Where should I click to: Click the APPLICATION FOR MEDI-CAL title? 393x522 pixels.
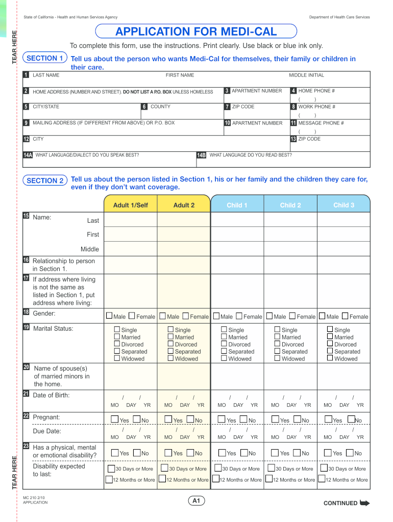pyautogui.click(x=196, y=32)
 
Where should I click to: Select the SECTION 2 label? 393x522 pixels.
pyautogui.click(x=45, y=180)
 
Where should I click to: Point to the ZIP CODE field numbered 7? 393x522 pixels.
pyautogui.click(x=255, y=113)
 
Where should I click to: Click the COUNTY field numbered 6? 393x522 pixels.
pyautogui.click(x=181, y=113)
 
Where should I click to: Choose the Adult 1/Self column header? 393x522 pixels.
pyautogui.click(x=131, y=205)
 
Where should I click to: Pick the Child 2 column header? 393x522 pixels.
pyautogui.click(x=290, y=205)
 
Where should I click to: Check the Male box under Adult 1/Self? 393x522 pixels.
pyautogui.click(x=109, y=316)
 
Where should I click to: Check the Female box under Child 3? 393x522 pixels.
pyautogui.click(x=345, y=316)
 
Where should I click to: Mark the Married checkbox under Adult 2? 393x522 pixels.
pyautogui.click(x=171, y=337)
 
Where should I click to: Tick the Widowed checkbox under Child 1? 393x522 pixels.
pyautogui.click(x=224, y=358)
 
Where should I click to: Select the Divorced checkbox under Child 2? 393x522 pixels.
pyautogui.click(x=278, y=344)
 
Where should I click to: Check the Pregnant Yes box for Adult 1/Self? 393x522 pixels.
pyautogui.click(x=115, y=420)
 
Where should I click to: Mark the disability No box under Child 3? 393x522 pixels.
pyautogui.click(x=350, y=453)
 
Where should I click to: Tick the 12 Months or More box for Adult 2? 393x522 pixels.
pyautogui.click(x=162, y=479)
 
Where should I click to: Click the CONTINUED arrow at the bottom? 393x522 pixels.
pyautogui.click(x=364, y=503)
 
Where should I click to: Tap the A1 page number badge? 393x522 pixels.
pyautogui.click(x=196, y=501)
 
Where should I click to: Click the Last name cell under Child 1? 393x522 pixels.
pyautogui.click(x=237, y=220)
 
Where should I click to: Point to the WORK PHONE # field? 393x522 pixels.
pyautogui.click(x=329, y=113)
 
